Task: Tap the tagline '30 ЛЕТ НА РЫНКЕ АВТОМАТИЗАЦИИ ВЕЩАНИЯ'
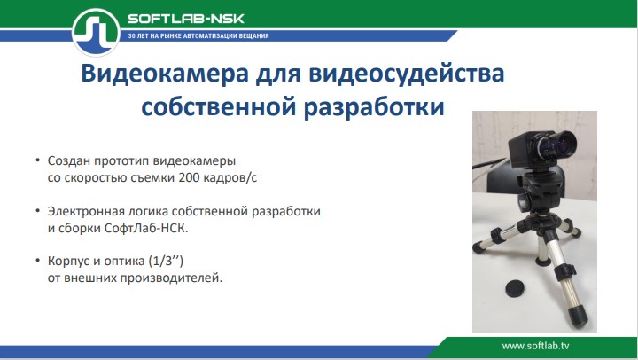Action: (198, 36)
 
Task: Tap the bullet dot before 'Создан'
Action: (37, 161)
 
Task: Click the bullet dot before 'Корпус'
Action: (37, 262)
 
